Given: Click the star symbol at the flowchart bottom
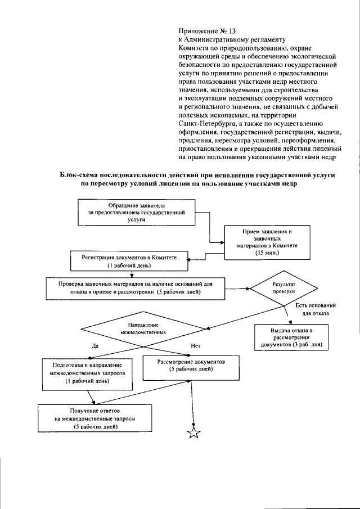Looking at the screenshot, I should [193, 432].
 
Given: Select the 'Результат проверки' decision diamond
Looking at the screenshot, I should [283, 289].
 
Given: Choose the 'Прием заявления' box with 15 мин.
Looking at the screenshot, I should [263, 242].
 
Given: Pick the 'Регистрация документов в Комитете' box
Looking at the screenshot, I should [131, 260].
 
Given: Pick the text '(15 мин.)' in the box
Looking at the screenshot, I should [263, 254].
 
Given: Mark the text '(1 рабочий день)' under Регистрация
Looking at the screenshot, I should [131, 265].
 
